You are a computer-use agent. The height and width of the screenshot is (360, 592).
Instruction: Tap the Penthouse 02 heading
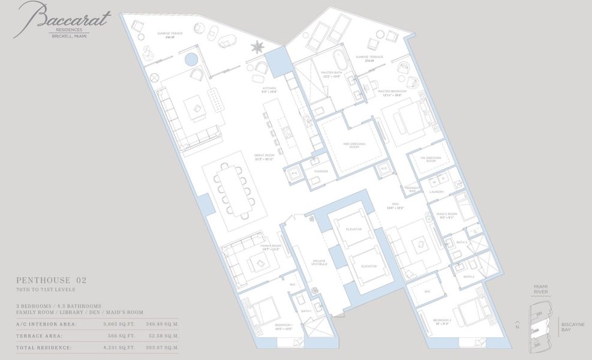click(x=51, y=280)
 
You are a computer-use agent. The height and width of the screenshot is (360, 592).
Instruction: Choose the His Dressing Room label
click(x=434, y=160)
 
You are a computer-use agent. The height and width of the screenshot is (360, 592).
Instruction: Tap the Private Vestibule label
click(x=318, y=262)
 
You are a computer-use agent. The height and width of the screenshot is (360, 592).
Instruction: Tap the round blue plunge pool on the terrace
click(x=191, y=59)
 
